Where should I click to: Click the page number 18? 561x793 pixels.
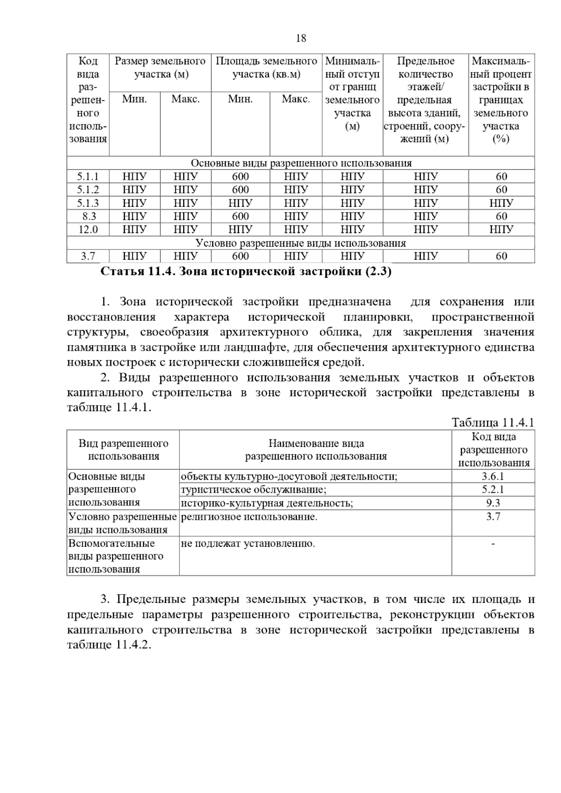[x=301, y=38]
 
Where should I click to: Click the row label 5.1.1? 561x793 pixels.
[x=88, y=177]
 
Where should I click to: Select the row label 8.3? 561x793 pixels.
[x=88, y=216]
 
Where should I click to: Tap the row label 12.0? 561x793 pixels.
[x=88, y=229]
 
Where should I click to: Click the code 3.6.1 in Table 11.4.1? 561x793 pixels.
[x=493, y=476]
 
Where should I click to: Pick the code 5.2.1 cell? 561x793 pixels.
[x=493, y=489]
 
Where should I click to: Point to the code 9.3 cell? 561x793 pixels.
[x=493, y=503]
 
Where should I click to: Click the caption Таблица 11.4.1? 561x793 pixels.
[x=493, y=423]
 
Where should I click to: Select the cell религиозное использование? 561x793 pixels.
[x=249, y=517]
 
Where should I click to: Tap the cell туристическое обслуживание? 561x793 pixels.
[x=253, y=489]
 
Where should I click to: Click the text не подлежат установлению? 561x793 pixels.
[x=248, y=544]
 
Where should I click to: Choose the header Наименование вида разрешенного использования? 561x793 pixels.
[x=316, y=450]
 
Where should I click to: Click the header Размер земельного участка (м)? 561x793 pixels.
[x=160, y=68]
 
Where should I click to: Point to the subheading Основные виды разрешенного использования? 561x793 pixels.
[x=301, y=163]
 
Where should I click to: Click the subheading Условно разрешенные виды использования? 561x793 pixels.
[x=301, y=243]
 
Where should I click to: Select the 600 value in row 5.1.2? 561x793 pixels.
[x=240, y=190]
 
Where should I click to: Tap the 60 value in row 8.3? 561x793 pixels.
[x=501, y=216]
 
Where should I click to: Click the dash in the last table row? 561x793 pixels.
[x=493, y=544]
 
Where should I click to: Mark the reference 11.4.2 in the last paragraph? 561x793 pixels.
[x=132, y=645]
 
